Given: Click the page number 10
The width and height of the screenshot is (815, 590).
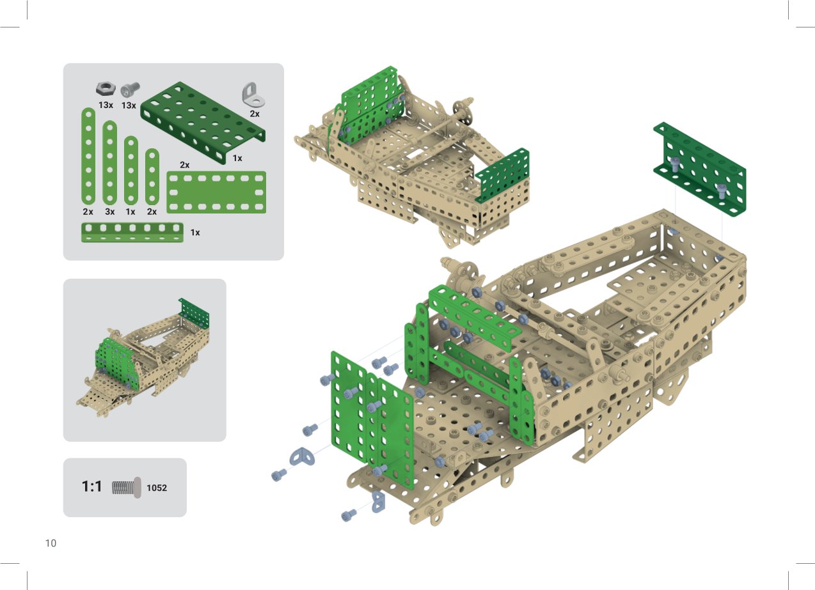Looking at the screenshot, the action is coord(51,543).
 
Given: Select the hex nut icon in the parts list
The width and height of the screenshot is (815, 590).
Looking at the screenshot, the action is coord(106,89).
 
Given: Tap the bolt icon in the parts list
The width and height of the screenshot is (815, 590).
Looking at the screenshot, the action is coord(130,89).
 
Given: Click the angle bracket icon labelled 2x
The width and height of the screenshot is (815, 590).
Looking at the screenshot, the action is coord(253,95).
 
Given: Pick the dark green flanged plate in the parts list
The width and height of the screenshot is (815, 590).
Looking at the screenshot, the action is coord(203,123).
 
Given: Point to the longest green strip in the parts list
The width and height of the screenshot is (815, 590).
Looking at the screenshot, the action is coord(88,156).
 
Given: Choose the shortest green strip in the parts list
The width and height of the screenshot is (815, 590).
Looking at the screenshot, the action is coord(152,176).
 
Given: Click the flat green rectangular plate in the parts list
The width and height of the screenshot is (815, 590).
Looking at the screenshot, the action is coord(216,192).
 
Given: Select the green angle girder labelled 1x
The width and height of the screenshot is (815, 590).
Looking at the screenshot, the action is coord(132,233).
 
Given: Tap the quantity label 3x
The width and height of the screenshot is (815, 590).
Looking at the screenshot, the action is coord(110,212).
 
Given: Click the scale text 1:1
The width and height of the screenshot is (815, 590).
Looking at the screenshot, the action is coord(91,486).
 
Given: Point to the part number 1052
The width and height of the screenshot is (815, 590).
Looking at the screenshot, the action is coord(157,488).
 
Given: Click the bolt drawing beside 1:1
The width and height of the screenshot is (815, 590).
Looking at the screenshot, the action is coord(126,488).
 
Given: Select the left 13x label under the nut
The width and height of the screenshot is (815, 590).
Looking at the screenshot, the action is coord(106,105).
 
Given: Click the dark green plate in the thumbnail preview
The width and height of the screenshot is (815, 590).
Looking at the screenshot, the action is coord(194,313).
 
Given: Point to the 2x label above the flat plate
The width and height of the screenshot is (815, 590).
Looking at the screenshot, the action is coord(184,165).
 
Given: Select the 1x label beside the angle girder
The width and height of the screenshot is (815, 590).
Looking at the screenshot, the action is coord(195,233).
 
